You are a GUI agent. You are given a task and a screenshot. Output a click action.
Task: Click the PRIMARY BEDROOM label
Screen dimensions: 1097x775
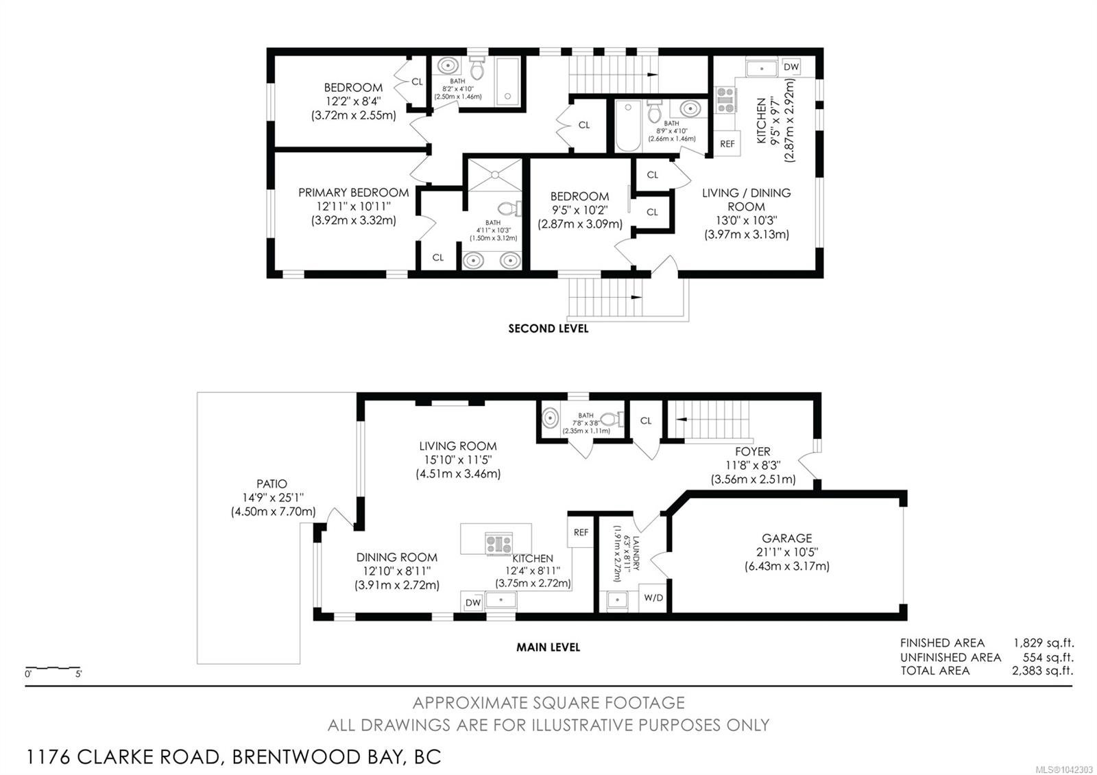353,193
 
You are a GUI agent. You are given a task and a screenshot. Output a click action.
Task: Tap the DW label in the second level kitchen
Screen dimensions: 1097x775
791,67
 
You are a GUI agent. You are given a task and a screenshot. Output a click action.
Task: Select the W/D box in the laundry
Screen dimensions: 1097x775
653,597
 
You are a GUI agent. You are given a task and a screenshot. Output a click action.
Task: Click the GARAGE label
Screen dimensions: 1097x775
787,538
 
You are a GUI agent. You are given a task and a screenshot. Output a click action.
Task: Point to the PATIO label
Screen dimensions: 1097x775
272,484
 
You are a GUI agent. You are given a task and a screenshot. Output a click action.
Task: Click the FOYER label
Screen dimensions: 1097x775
753,451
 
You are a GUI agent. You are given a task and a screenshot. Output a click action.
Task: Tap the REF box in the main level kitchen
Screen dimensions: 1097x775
581,532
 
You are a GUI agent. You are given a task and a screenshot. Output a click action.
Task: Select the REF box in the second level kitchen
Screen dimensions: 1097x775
727,144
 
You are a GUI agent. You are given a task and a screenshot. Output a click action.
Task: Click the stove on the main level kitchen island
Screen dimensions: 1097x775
498,544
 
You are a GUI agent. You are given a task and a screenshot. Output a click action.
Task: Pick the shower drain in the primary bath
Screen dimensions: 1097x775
495,174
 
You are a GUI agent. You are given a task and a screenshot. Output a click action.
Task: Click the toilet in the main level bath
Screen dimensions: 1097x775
612,419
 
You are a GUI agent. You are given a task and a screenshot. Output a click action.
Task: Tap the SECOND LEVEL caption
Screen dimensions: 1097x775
548,329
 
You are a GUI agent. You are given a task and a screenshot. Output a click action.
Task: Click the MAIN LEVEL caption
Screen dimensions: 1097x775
548,647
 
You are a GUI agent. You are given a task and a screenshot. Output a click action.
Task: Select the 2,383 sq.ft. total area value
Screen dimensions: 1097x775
1043,671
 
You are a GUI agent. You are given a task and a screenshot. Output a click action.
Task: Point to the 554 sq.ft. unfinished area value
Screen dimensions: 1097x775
1048,657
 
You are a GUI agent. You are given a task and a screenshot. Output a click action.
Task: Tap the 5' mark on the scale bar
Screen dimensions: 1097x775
78,674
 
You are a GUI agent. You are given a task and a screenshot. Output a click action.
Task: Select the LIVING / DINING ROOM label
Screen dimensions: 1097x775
747,200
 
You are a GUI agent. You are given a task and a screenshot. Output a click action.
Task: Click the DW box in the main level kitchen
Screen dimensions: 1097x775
473,603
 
